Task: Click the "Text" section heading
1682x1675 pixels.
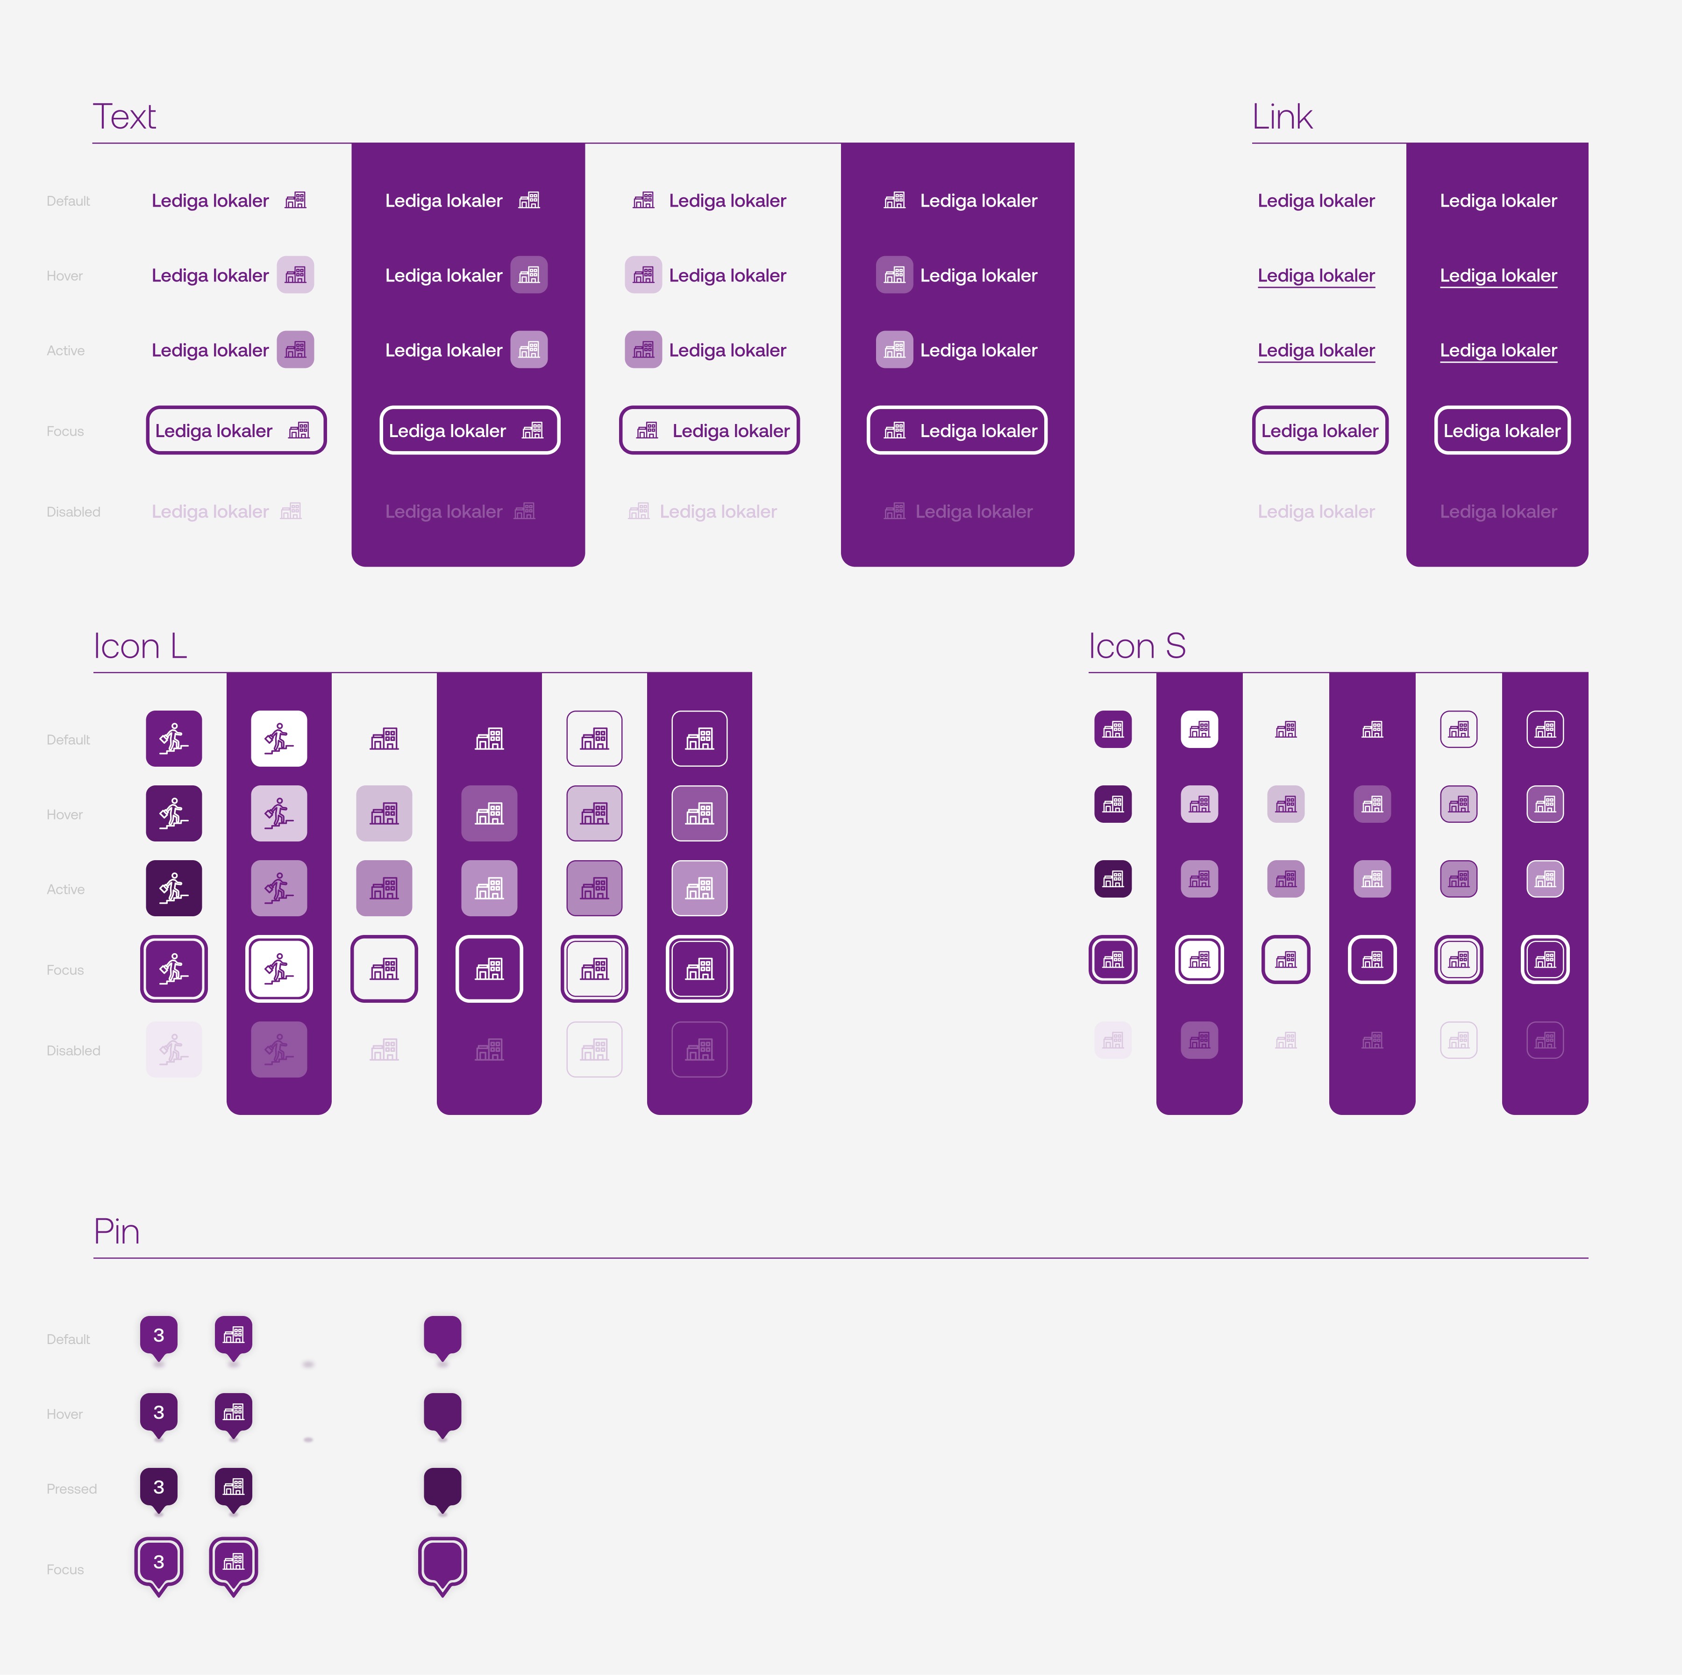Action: tap(124, 117)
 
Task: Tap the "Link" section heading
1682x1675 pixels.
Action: tap(1282, 117)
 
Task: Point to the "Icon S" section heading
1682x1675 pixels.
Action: tap(1136, 647)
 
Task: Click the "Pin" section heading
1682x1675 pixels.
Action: tap(117, 1232)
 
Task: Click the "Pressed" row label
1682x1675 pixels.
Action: tap(71, 1488)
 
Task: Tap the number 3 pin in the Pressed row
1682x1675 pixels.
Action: tap(158, 1487)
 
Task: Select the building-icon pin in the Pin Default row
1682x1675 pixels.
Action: tap(233, 1335)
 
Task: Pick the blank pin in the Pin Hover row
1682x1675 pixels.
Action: tap(442, 1412)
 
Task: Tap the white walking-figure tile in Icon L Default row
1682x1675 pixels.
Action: tap(278, 739)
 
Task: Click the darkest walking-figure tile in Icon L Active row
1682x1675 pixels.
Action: tap(174, 888)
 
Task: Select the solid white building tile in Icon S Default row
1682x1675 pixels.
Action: tap(1199, 730)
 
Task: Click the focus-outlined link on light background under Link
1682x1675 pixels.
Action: tap(1320, 430)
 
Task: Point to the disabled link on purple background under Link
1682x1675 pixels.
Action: tap(1497, 511)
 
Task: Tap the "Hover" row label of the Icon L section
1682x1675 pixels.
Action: tap(64, 814)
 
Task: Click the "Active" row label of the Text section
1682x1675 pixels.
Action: tap(65, 350)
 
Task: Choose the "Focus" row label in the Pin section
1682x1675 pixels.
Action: tap(65, 1570)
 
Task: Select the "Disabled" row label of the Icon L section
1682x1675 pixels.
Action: tap(73, 1050)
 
